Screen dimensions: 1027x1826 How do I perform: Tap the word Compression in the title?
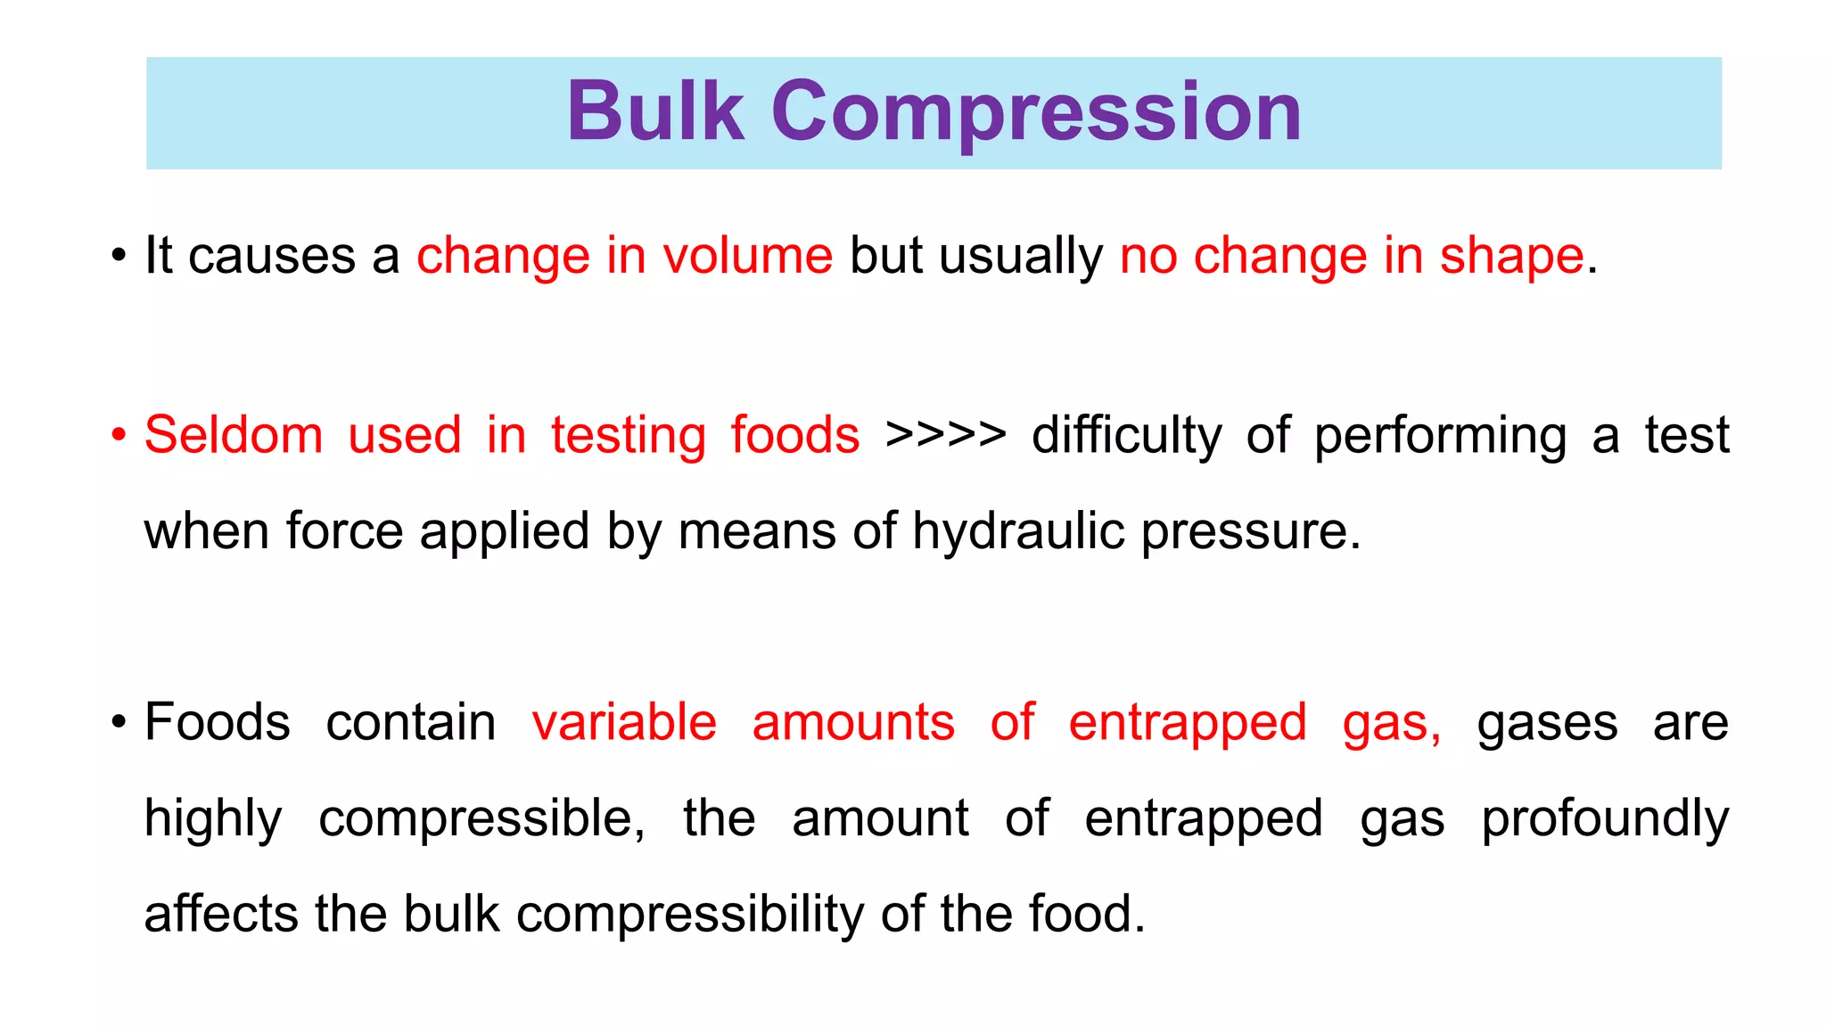point(1036,114)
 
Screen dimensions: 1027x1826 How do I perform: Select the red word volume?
point(747,257)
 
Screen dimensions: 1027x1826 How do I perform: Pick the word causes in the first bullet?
point(272,257)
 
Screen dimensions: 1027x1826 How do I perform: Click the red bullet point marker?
point(119,436)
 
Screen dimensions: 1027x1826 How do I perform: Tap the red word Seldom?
point(234,436)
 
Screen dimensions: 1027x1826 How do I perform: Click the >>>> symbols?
point(946,436)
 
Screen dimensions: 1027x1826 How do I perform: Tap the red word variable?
point(624,722)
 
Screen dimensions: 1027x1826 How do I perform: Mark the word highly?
point(213,819)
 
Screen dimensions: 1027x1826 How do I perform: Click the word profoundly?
point(1605,819)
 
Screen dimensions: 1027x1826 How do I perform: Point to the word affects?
point(220,915)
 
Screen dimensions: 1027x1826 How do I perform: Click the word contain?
point(411,722)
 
